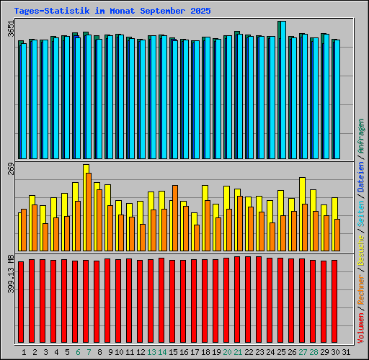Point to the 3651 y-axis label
(10, 30)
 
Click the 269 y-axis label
(10, 170)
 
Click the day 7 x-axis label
(88, 352)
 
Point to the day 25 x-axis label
(282, 352)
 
